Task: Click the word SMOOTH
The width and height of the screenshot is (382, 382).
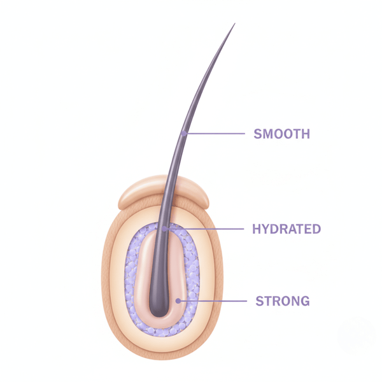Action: point(281,134)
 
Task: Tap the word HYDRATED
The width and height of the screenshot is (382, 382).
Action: point(286,229)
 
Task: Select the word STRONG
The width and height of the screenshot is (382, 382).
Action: point(283,301)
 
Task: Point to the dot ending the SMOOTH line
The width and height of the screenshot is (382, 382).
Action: point(184,133)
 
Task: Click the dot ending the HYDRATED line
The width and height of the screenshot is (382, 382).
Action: point(165,229)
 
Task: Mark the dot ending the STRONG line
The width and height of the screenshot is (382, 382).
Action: point(178,301)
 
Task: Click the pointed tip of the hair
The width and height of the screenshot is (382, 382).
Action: point(235,24)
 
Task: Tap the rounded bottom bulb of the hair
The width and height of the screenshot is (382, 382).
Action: point(159,309)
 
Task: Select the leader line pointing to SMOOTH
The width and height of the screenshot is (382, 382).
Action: point(215,134)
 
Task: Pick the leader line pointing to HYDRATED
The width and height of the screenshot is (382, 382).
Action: point(204,229)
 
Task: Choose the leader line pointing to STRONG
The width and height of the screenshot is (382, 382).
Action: point(213,301)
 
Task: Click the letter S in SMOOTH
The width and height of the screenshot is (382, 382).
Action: point(258,134)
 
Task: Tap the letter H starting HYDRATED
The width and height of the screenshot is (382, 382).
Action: point(257,229)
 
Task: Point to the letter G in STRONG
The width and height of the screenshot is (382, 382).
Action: point(305,301)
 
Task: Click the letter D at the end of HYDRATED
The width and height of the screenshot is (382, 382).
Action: point(316,229)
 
